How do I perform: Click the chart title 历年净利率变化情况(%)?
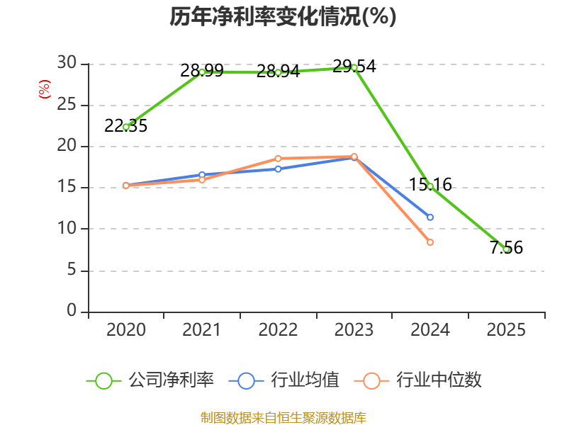tap(283, 16)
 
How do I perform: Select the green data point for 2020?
tap(126, 127)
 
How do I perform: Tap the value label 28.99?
tap(202, 70)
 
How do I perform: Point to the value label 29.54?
tap(354, 67)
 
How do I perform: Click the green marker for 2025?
tap(507, 249)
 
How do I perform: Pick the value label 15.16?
tap(430, 185)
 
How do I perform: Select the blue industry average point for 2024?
tap(430, 217)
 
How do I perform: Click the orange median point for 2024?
tap(430, 242)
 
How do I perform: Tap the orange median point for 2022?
tap(278, 159)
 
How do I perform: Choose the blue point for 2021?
tap(202, 175)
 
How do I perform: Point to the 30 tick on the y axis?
tap(67, 63)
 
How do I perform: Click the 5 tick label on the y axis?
tap(72, 270)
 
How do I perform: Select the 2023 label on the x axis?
tap(354, 329)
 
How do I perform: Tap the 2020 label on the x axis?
tap(126, 329)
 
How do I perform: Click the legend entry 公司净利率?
tap(150, 380)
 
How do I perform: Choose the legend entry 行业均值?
tap(284, 380)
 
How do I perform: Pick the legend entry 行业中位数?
tap(417, 380)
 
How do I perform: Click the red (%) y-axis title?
tap(45, 89)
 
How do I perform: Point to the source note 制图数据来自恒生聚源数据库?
tap(283, 418)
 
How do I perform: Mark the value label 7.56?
tap(506, 248)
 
